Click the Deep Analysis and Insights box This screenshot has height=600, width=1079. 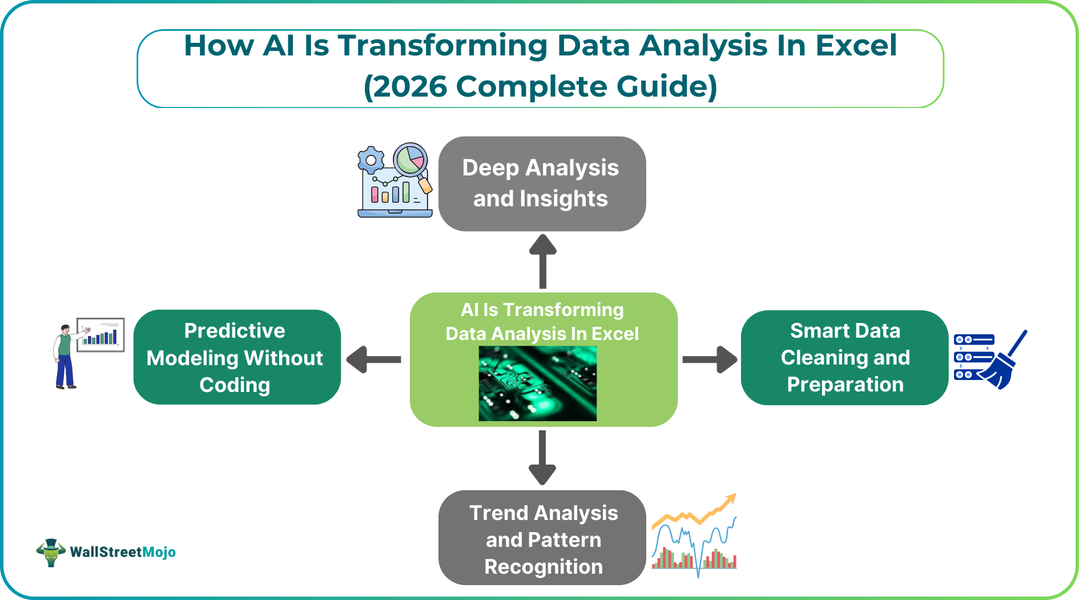point(542,183)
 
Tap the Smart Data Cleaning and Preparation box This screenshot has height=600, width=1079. point(844,357)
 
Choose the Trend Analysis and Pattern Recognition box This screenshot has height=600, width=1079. point(542,538)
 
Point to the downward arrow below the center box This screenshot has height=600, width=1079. point(542,457)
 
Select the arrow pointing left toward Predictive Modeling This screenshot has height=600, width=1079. point(374,359)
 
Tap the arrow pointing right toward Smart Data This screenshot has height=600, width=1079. point(710,359)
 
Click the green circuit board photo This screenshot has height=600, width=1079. point(537,383)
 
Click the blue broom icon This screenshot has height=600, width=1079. point(1005,363)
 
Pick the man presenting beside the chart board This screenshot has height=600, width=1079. point(65,357)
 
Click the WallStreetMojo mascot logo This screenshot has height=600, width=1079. point(51,552)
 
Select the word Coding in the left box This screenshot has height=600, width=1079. point(235,385)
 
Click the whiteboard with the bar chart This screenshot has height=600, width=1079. point(101,335)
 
